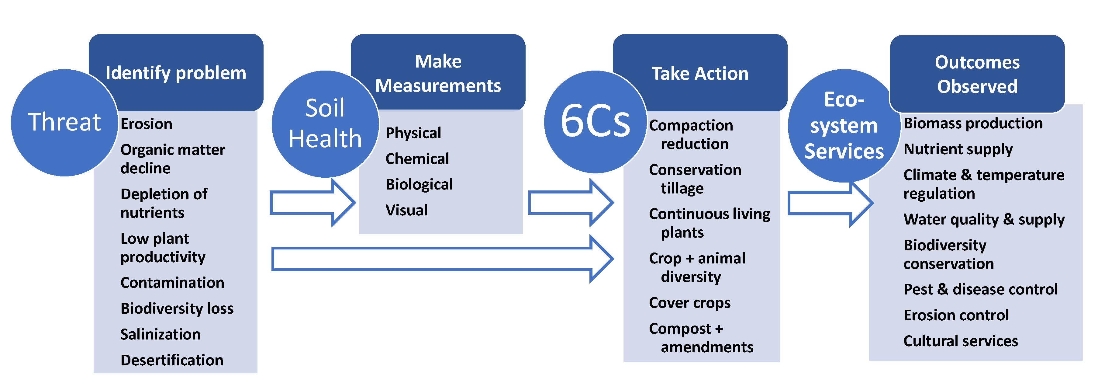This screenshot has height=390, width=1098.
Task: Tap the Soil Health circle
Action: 325,124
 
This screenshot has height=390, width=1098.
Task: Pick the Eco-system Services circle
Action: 844,125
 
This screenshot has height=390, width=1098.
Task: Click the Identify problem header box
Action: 176,72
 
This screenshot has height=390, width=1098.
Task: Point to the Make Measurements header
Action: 438,72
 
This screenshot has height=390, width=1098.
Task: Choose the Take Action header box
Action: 700,72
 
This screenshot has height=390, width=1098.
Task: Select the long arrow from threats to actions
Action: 442,259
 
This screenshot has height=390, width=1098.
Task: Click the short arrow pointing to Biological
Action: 312,203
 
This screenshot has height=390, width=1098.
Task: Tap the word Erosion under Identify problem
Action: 147,124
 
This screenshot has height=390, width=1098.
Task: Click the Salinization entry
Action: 160,334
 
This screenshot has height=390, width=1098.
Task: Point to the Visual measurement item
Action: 407,210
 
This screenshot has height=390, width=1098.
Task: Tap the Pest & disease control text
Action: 981,289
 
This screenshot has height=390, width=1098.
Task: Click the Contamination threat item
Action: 172,283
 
